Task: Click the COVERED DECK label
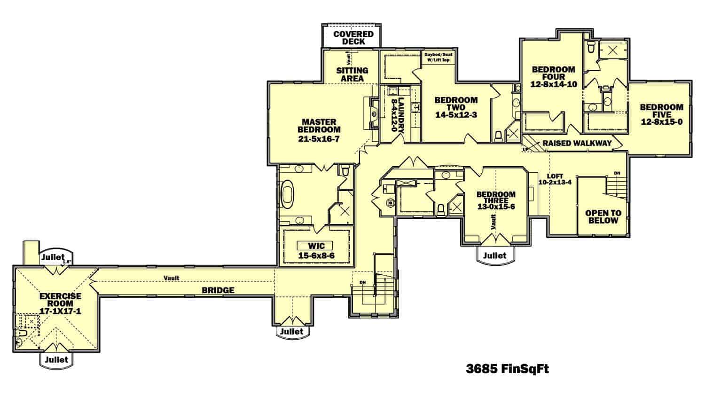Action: point(353,38)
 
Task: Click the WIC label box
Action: point(314,246)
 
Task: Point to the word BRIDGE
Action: point(218,290)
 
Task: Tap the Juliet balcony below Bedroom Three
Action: point(495,255)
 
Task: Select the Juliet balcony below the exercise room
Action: point(57,360)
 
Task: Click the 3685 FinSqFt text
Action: point(507,368)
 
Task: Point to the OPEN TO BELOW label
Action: point(603,216)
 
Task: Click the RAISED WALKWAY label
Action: point(577,143)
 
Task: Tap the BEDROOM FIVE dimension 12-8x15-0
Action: point(661,122)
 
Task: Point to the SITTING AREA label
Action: point(352,74)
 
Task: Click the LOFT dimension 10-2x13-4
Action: point(555,183)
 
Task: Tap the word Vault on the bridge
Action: point(171,278)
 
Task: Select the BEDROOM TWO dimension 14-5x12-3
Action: point(455,114)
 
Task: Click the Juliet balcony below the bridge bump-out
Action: point(292,331)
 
